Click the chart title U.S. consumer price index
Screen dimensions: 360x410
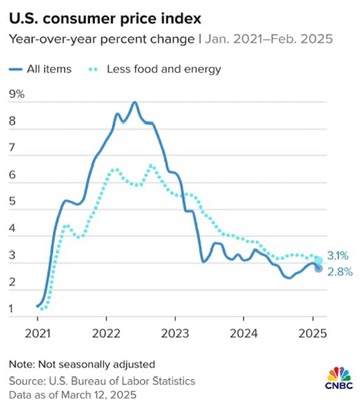tap(105, 19)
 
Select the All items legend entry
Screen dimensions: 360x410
tap(40, 69)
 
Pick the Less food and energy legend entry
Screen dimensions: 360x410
tap(155, 69)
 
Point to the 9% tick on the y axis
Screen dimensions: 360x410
tap(17, 94)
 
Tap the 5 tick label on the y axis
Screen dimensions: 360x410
tap(12, 202)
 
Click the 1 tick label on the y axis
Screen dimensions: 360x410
tap(12, 309)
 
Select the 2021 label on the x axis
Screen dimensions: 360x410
tap(37, 333)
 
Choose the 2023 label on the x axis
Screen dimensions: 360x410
tap(175, 333)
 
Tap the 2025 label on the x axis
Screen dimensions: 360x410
tap(313, 333)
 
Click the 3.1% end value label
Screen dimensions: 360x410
tap(338, 256)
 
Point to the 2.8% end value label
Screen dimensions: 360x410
tap(340, 272)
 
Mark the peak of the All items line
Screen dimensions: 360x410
tap(134, 102)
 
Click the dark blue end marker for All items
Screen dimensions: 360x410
tap(318, 268)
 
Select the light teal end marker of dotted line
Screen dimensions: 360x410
tap(318, 260)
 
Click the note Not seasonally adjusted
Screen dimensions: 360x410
tap(82, 364)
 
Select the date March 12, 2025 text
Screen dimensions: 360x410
tap(99, 395)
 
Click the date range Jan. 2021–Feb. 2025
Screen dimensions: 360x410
tap(269, 39)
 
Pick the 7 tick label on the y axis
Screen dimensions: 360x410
tap(12, 148)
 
